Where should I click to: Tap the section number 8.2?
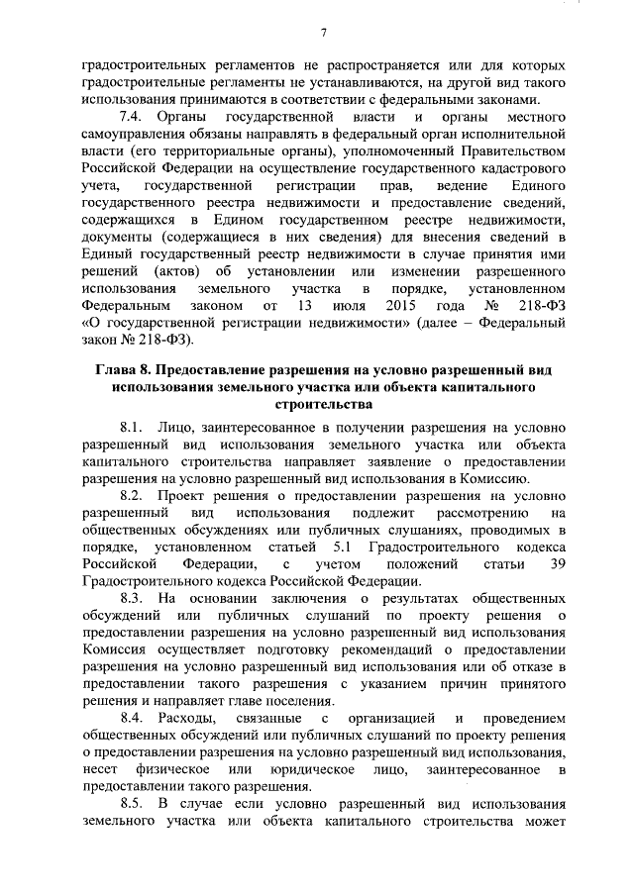click(x=133, y=495)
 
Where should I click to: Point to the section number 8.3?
click(x=133, y=600)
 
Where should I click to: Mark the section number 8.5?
click(x=133, y=802)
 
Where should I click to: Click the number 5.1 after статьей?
click(x=341, y=548)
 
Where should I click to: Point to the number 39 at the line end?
click(x=555, y=564)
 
